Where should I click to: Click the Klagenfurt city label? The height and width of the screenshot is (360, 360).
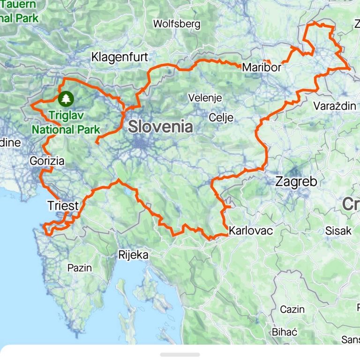pyautogui.click(x=120, y=58)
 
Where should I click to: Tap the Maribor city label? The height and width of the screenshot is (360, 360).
pyautogui.click(x=262, y=67)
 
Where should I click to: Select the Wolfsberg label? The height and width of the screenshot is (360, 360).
pyautogui.click(x=177, y=23)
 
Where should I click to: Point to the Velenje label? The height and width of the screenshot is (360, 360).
pyautogui.click(x=204, y=98)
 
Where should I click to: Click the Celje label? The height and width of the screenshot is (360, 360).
pyautogui.click(x=221, y=117)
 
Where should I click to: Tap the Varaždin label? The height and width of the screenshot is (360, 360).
pyautogui.click(x=335, y=105)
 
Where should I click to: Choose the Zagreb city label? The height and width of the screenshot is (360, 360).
pyautogui.click(x=296, y=181)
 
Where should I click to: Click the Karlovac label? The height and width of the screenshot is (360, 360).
pyautogui.click(x=250, y=231)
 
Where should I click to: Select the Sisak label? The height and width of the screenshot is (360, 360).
pyautogui.click(x=338, y=231)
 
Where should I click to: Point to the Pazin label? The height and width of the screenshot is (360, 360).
pyautogui.click(x=80, y=268)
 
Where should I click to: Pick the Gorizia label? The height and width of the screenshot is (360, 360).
pyautogui.click(x=46, y=161)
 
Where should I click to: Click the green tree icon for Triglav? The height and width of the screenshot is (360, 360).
pyautogui.click(x=66, y=98)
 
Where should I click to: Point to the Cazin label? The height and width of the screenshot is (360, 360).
pyautogui.click(x=292, y=309)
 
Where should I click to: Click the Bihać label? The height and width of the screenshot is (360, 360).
pyautogui.click(x=285, y=332)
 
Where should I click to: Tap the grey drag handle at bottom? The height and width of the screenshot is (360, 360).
pyautogui.click(x=180, y=355)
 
